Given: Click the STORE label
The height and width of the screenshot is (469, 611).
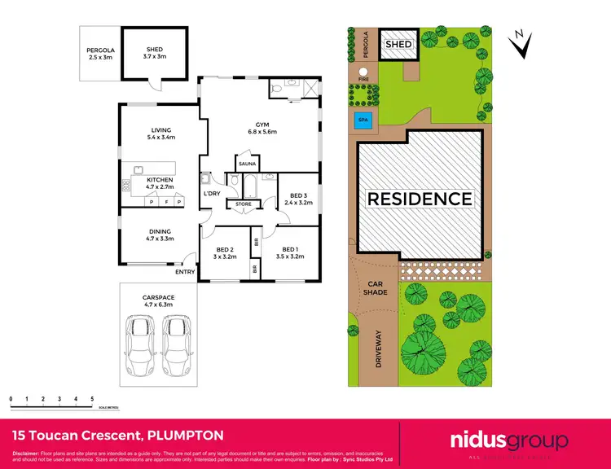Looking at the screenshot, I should (x=244, y=204).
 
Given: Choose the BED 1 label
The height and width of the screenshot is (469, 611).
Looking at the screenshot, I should (x=292, y=252).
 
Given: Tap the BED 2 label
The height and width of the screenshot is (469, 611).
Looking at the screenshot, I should (x=226, y=252).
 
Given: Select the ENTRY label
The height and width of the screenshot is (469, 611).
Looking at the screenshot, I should (x=185, y=271).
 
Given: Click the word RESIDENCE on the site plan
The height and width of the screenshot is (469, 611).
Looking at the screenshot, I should (x=420, y=199).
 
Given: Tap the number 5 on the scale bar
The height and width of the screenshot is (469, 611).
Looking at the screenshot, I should (x=92, y=399).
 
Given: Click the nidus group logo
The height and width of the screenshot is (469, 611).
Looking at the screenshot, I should (x=508, y=441).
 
